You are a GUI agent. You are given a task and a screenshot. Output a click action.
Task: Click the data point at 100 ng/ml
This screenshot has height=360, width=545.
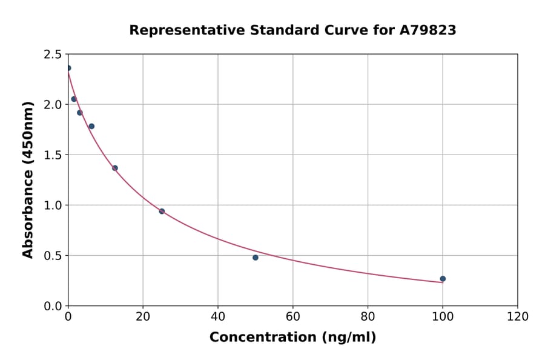pyautogui.click(x=443, y=279)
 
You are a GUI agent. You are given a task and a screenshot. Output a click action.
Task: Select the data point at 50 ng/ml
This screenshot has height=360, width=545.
pyautogui.click(x=256, y=258)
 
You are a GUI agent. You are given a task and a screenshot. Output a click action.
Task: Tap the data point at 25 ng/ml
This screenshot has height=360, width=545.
pyautogui.click(x=162, y=212)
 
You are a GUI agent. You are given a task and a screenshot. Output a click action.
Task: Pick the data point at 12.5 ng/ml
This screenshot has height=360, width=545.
pyautogui.click(x=115, y=168)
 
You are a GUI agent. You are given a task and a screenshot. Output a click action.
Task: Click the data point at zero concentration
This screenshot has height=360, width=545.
pyautogui.click(x=68, y=68)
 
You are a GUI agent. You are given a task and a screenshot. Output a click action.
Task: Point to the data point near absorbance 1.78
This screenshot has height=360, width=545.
pyautogui.click(x=91, y=126)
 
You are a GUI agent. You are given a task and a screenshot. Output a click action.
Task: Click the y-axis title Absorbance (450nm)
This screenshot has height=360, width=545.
pyautogui.click(x=28, y=179)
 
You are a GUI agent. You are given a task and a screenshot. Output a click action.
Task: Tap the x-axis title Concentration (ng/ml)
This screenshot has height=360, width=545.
pyautogui.click(x=292, y=337)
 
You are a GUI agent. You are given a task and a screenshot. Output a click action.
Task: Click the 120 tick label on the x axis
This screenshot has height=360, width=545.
pyautogui.click(x=517, y=316)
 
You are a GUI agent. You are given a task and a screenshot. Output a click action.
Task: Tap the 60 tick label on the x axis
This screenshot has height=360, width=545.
pyautogui.click(x=292, y=316)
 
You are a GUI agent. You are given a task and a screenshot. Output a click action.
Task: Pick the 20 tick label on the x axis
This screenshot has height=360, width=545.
pyautogui.click(x=143, y=316)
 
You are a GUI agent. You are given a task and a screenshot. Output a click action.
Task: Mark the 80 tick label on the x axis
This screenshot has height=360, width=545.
pyautogui.click(x=368, y=316)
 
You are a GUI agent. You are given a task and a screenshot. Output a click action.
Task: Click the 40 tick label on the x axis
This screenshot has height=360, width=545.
pyautogui.click(x=218, y=316)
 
